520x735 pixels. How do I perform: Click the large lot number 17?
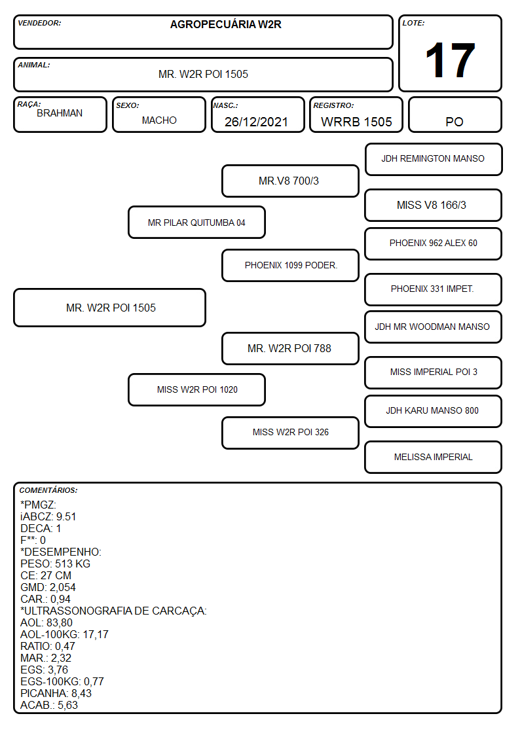450,60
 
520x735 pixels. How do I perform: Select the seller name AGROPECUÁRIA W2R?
225,24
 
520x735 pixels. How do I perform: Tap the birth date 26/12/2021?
256,122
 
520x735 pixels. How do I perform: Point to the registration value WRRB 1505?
356,122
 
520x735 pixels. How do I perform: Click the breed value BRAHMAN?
60,113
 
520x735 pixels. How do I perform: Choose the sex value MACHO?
159,120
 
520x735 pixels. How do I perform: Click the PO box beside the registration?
455,115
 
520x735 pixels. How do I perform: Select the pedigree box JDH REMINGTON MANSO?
434,160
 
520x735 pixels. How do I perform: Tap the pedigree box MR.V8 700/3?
290,181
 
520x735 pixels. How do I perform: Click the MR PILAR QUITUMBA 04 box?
196,223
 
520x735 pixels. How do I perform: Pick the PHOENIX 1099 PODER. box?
290,265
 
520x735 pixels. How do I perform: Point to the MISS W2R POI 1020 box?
196,389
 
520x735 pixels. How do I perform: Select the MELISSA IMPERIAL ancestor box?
434,457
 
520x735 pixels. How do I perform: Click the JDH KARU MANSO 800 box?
434,411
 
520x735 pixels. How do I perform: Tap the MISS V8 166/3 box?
434,205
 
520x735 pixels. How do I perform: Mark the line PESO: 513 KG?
55,564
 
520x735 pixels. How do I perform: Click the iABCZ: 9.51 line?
48,516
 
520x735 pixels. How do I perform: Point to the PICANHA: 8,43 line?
56,693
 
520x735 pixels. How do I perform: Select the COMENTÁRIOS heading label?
48,490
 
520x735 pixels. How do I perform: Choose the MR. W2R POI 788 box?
290,349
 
